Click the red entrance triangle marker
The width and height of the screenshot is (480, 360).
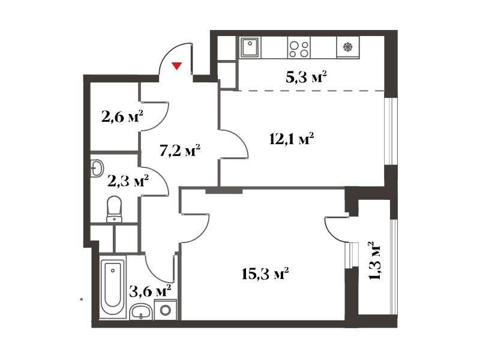click(176, 66)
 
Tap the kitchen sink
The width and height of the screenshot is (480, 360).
click(250, 47)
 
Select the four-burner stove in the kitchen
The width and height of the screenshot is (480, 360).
click(299, 47)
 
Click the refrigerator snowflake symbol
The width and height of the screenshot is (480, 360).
click(348, 47)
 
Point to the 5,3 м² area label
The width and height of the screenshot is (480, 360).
click(306, 77)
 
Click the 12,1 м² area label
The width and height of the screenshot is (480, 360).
click(292, 139)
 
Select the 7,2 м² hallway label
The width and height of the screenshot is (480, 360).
click(180, 151)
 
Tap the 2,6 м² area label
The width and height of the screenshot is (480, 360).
click(122, 116)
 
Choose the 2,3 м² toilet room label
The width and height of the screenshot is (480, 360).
click(128, 181)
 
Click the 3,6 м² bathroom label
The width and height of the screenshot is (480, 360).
click(150, 291)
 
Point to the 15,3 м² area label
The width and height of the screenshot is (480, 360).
click(265, 274)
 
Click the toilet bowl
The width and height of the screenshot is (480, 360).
click(114, 209)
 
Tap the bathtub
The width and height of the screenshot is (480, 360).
click(113, 287)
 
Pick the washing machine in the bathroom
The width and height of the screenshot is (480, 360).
click(166, 310)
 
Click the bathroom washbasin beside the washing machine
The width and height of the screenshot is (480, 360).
click(140, 312)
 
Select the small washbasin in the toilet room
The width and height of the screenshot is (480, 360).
click(97, 168)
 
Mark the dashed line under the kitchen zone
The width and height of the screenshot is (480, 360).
click(309, 91)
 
